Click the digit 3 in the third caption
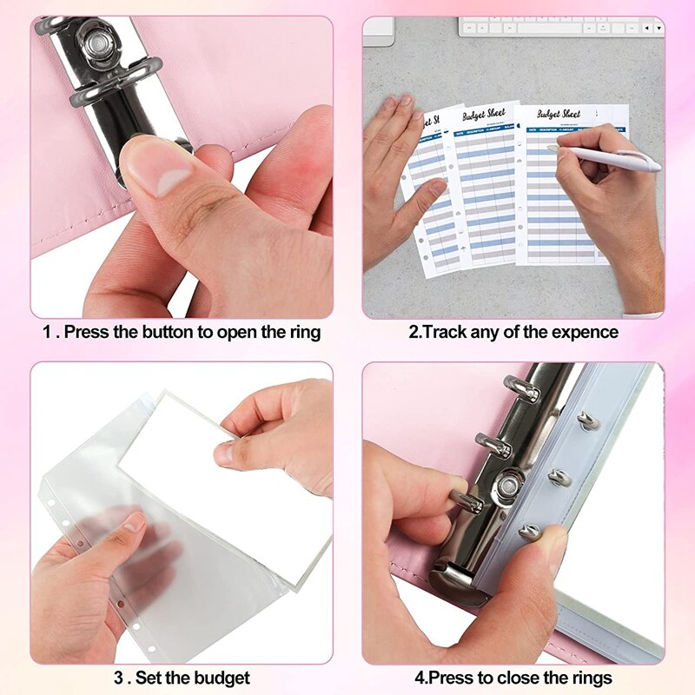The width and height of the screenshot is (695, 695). tap(117, 678)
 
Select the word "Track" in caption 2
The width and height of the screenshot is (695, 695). tap(444, 332)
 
